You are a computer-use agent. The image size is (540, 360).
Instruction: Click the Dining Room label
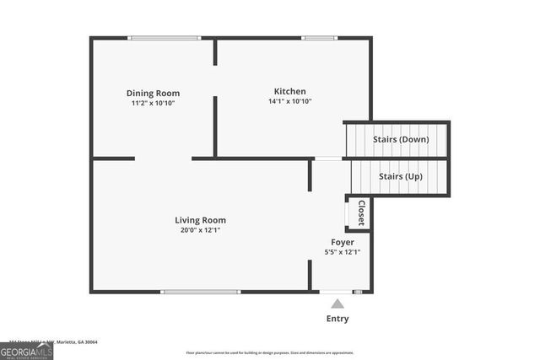(153, 93)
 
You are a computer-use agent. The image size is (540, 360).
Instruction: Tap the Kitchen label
(289, 91)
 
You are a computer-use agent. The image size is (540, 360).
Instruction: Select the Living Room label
(200, 220)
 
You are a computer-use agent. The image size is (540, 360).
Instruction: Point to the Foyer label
(343, 242)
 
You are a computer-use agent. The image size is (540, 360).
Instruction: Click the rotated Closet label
(360, 213)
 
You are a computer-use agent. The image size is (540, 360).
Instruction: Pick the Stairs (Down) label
(401, 139)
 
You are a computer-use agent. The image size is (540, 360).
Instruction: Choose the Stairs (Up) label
(401, 176)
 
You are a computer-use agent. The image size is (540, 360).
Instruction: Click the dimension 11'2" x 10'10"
(153, 103)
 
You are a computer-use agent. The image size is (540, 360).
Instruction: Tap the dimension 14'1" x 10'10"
(289, 101)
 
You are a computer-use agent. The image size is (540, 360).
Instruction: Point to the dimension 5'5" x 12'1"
(343, 252)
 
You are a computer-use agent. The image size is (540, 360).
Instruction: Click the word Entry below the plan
(337, 319)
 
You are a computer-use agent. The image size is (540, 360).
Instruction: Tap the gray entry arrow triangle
(337, 304)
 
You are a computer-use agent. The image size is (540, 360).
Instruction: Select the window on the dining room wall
(164, 38)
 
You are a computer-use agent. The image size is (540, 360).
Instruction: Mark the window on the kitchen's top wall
(317, 38)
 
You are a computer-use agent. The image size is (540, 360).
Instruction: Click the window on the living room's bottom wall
(200, 292)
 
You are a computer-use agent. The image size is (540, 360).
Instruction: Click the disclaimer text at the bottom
(270, 352)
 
